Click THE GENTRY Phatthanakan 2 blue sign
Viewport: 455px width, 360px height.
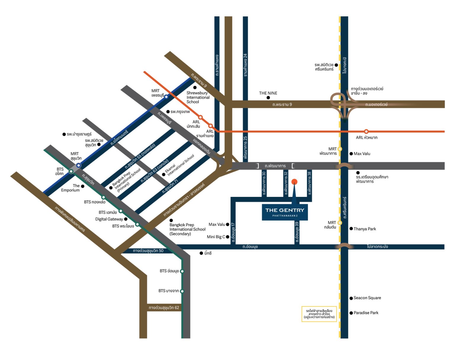(x=285, y=212)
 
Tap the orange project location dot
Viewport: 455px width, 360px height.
(x=294, y=181)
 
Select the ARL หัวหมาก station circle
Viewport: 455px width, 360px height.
(x=366, y=131)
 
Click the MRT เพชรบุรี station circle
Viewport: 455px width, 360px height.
(x=166, y=97)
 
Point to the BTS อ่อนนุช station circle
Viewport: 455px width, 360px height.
(x=182, y=271)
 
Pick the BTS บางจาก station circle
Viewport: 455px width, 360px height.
(x=182, y=291)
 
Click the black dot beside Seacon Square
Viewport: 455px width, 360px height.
(x=351, y=298)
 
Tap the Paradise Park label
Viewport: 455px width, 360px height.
(x=366, y=313)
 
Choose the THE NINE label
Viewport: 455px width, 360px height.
(x=268, y=93)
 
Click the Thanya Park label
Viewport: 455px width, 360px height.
(x=365, y=229)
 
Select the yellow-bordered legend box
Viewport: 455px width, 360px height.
(x=319, y=314)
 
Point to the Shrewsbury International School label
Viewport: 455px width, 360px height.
(x=198, y=97)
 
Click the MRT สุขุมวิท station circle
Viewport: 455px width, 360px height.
(x=78, y=165)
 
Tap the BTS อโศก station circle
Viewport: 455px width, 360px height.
(x=71, y=171)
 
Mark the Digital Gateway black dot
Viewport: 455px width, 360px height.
(x=126, y=219)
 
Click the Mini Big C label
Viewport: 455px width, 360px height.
(x=216, y=237)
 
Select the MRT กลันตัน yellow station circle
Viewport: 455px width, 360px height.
(x=339, y=223)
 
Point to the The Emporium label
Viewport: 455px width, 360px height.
(x=71, y=188)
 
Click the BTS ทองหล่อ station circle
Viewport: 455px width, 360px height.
(x=103, y=197)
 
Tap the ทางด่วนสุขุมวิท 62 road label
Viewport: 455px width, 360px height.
(x=164, y=308)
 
